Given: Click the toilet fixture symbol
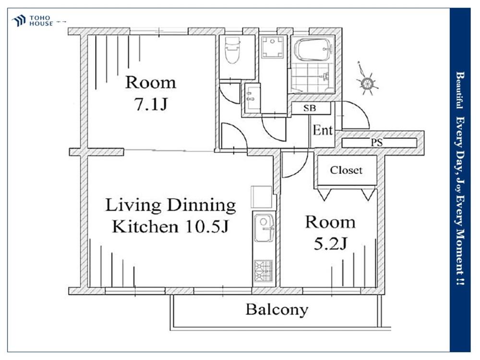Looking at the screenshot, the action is (x=232, y=50).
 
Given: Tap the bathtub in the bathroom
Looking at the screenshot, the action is (x=313, y=49).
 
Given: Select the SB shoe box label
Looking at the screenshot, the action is (x=310, y=108).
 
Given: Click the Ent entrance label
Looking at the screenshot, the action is (x=323, y=131).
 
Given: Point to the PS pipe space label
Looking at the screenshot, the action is (x=377, y=143).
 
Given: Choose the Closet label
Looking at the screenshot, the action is (x=346, y=170).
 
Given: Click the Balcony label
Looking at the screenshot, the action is (x=277, y=310).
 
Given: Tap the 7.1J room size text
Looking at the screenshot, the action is (x=151, y=104).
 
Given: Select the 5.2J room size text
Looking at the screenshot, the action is (x=330, y=244).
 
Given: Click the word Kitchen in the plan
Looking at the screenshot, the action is (x=145, y=227).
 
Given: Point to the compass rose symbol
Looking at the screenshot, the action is (x=366, y=81).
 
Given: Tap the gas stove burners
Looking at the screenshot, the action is (x=264, y=271).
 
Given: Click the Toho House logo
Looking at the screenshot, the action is (x=32, y=21).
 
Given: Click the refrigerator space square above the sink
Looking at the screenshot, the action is (x=262, y=197).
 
